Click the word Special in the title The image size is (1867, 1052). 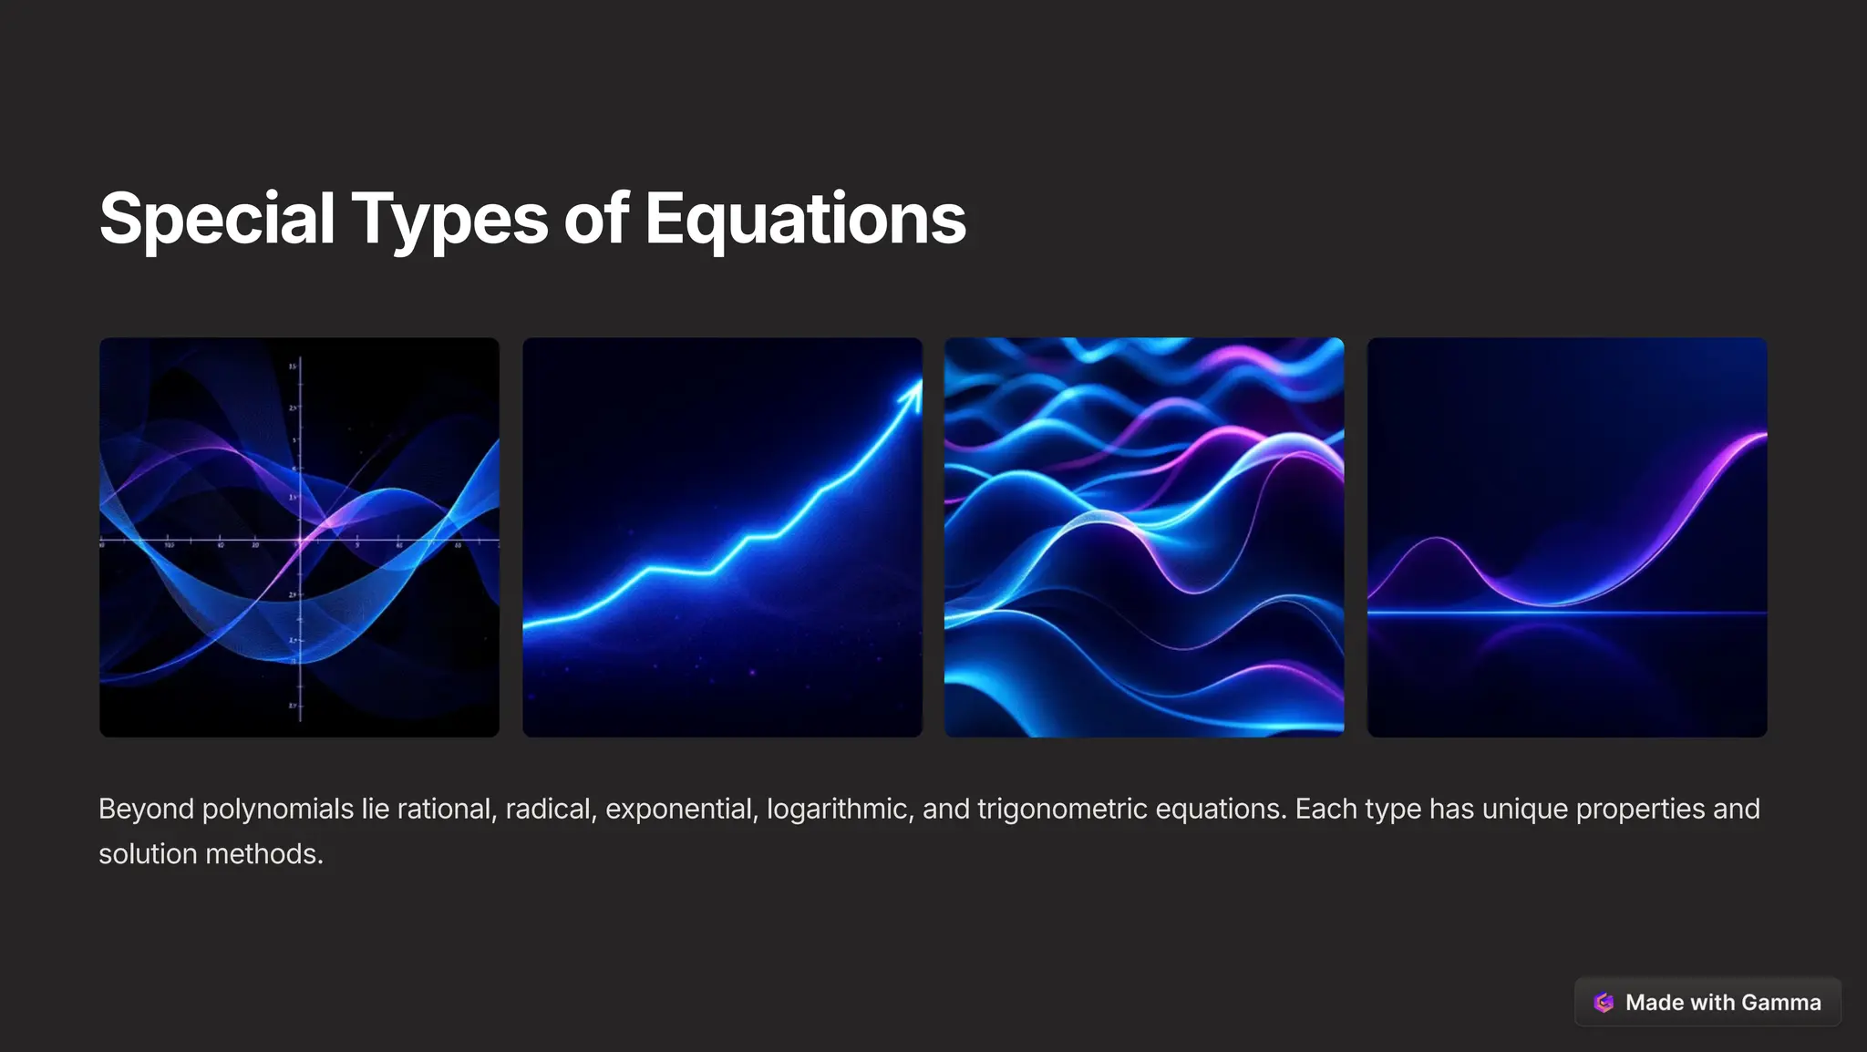click(x=217, y=219)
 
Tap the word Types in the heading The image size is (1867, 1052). click(x=449, y=219)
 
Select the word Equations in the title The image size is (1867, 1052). click(x=805, y=219)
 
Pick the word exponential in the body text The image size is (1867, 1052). click(x=681, y=810)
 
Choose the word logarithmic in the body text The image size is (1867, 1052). click(x=840, y=810)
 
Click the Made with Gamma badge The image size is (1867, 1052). click(x=1707, y=1003)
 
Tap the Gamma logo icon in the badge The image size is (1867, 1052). click(x=1604, y=1003)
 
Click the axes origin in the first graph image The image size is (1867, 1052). click(x=300, y=541)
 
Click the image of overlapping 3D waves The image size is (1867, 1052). click(x=1144, y=538)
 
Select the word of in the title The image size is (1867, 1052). click(x=596, y=219)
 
